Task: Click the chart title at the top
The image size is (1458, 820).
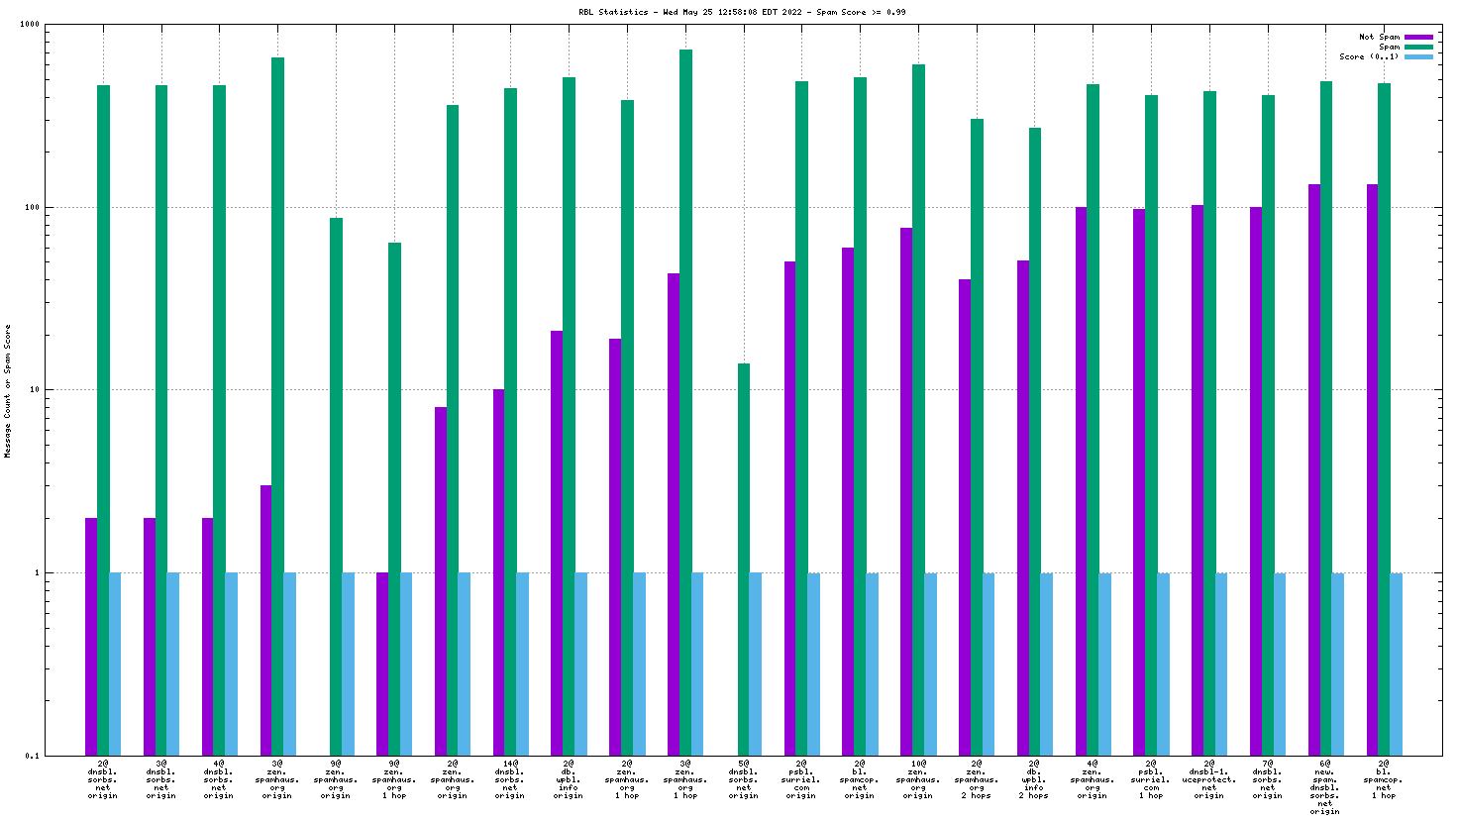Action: (x=742, y=13)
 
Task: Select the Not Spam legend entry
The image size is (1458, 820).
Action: (x=1379, y=37)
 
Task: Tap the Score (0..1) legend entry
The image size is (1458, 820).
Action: (x=1369, y=56)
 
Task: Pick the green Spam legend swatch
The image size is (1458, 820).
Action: (x=1418, y=47)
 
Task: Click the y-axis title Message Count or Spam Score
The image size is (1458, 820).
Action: (x=8, y=390)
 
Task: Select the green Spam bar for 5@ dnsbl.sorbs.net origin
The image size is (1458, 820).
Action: (x=744, y=560)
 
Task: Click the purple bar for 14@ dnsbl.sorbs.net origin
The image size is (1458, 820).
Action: (x=498, y=572)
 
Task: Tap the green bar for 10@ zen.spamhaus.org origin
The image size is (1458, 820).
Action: (x=918, y=410)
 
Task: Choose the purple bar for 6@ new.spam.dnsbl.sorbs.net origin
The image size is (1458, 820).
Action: (x=1314, y=469)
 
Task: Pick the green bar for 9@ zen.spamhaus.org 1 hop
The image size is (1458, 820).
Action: (x=394, y=499)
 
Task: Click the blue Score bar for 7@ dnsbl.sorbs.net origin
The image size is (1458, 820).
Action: (x=1280, y=664)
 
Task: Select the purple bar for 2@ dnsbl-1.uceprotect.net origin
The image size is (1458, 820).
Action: (x=1198, y=480)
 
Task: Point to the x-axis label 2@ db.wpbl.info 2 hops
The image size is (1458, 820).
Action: (x=1034, y=779)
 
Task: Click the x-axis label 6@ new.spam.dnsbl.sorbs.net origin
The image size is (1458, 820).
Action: (x=1325, y=787)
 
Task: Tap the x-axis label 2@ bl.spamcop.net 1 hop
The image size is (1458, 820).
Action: (x=1384, y=779)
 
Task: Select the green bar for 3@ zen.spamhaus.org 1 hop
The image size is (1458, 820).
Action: (x=685, y=402)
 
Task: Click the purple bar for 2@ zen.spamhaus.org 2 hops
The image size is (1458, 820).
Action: (x=965, y=517)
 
